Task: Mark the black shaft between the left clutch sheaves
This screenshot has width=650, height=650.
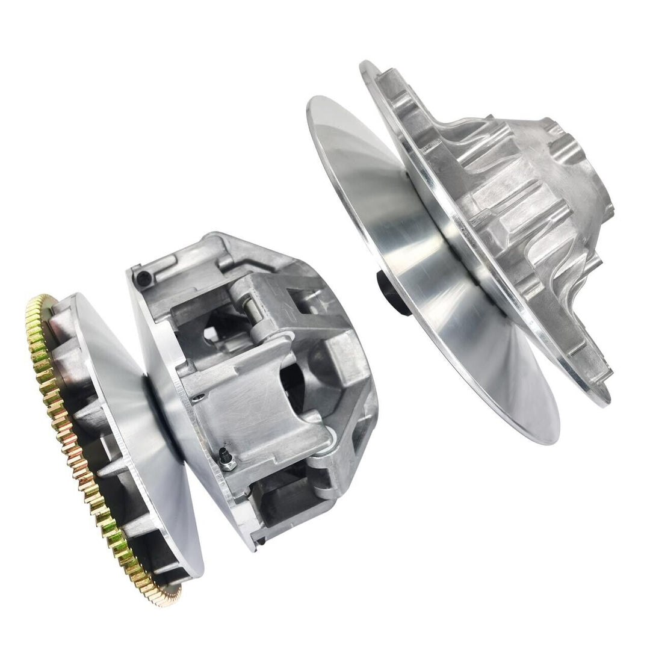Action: coord(162,421)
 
